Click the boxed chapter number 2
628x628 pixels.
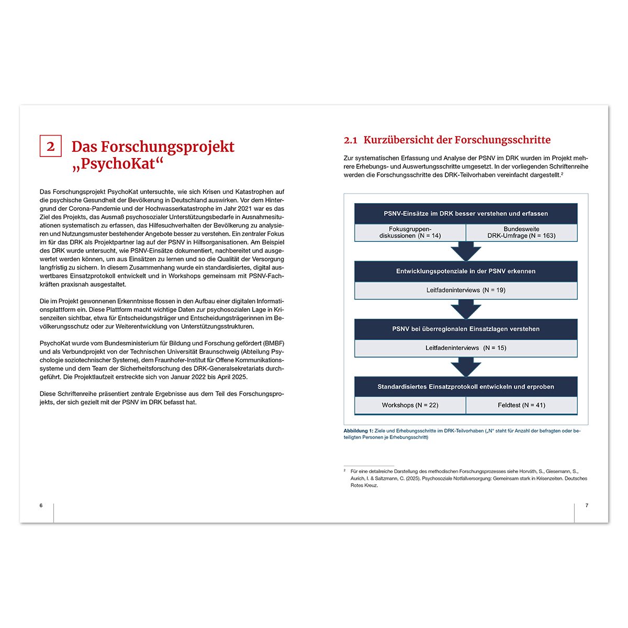(x=51, y=146)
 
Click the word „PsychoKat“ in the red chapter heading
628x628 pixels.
(x=118, y=164)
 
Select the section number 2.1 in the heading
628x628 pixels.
(x=350, y=140)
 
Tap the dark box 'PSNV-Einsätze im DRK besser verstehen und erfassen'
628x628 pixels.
(x=466, y=214)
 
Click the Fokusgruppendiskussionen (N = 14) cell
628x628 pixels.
(x=410, y=232)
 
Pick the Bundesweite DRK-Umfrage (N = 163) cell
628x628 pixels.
(x=521, y=232)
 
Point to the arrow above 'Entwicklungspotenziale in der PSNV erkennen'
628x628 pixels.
(x=466, y=251)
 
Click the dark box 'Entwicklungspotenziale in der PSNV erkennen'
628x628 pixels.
(x=466, y=271)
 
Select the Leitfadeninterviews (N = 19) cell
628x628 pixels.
(x=466, y=290)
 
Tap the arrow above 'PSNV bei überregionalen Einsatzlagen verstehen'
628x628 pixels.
(x=466, y=309)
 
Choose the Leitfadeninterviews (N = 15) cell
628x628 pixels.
(x=466, y=348)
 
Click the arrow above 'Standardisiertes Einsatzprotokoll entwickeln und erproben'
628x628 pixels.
(x=466, y=367)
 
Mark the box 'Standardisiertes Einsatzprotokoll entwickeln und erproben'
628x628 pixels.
(x=466, y=387)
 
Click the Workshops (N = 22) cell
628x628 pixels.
(x=410, y=405)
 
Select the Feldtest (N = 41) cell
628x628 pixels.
(x=521, y=405)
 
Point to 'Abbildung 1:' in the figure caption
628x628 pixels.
(x=358, y=431)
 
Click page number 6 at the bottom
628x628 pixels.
(x=41, y=506)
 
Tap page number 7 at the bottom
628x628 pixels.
(x=587, y=506)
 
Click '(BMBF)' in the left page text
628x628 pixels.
(x=273, y=343)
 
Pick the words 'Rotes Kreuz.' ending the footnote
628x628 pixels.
(x=364, y=486)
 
